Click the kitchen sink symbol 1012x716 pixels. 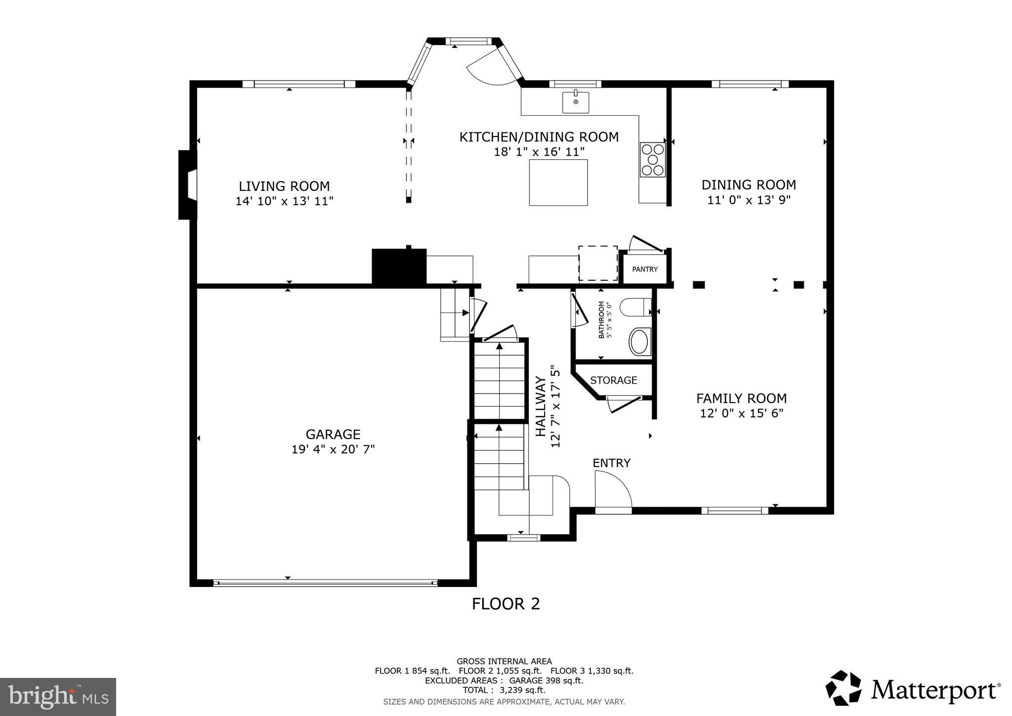[576, 102]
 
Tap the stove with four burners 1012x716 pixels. [652, 159]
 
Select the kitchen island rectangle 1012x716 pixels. [558, 182]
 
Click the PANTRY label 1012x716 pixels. [645, 269]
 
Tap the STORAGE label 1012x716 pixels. [613, 380]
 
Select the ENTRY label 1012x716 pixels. [611, 463]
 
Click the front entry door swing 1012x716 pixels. [613, 490]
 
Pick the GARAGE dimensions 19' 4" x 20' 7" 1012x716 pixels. [333, 449]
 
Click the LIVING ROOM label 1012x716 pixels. [284, 186]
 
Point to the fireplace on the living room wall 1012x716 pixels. [188, 184]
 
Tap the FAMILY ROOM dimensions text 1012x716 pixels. [741, 413]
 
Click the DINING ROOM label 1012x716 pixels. [749, 185]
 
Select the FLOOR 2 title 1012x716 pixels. [506, 604]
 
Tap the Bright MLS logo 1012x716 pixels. [58, 697]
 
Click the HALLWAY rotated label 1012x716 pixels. [541, 406]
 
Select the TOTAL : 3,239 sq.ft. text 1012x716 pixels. [504, 690]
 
